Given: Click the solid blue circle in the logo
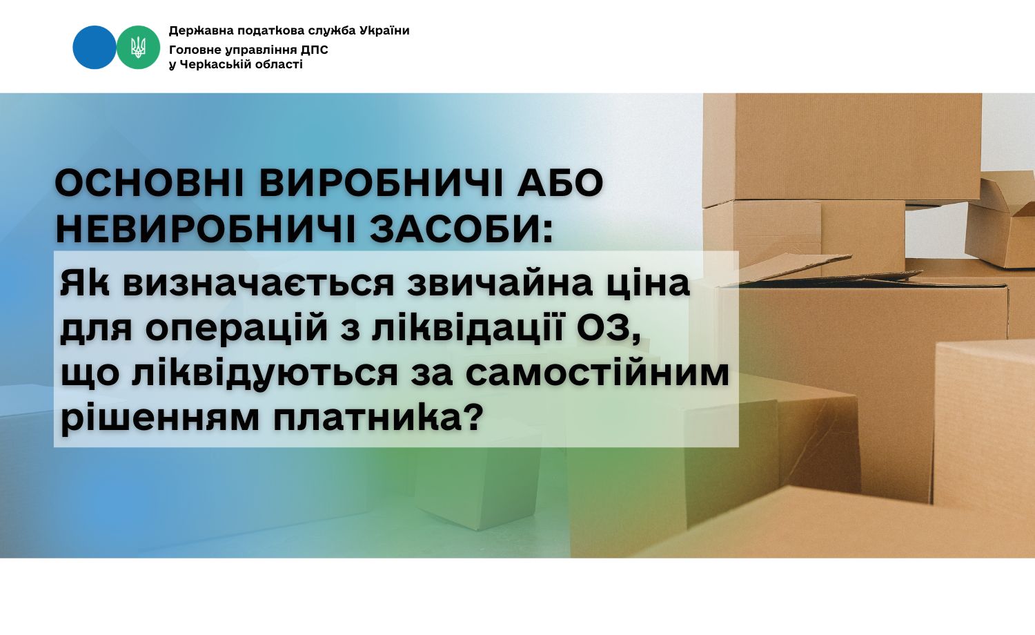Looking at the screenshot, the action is (95, 47).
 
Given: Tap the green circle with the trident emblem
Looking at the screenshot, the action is (138, 47).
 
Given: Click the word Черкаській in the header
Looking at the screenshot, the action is (216, 65).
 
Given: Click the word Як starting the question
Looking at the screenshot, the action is (85, 283).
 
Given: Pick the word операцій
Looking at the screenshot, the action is (237, 329).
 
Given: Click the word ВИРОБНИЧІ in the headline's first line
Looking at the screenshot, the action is (381, 184).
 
